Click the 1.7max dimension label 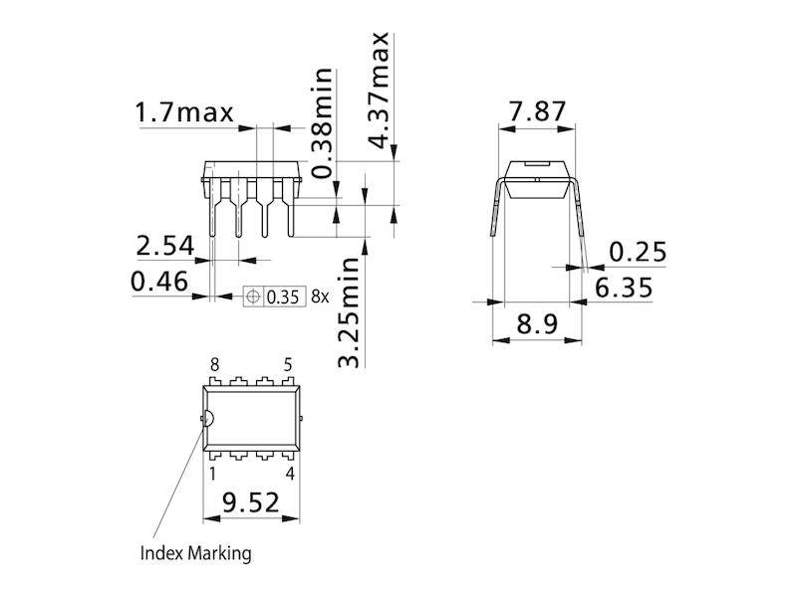(x=184, y=113)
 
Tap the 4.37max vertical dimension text (x=379, y=90)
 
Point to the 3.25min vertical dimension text (x=348, y=312)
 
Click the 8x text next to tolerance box (x=319, y=297)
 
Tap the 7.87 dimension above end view (x=537, y=112)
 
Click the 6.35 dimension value (x=624, y=288)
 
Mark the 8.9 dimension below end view (x=537, y=325)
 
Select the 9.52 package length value (x=251, y=504)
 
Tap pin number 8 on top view (x=213, y=365)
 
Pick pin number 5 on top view (x=289, y=365)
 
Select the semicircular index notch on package (x=207, y=418)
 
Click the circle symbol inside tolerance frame (x=253, y=297)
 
